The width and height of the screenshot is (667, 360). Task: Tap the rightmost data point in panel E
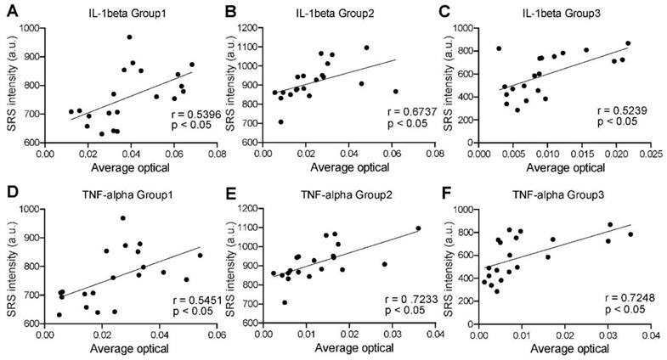(418, 228)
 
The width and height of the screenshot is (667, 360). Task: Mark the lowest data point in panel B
(281, 121)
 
